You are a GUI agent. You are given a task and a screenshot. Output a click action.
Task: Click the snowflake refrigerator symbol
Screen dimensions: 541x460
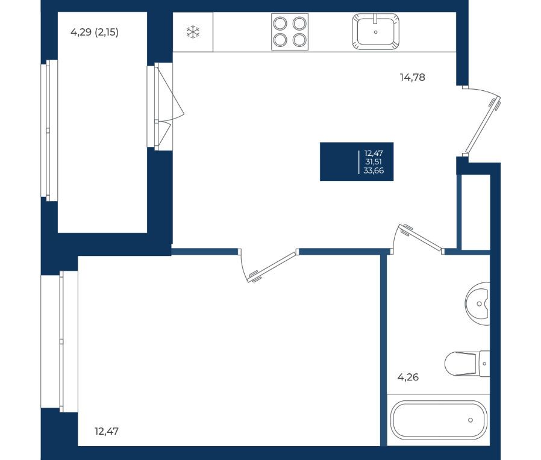193,32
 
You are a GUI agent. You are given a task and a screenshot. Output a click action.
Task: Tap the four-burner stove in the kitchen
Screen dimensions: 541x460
289,32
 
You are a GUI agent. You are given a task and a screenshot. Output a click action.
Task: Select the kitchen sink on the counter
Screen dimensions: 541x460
375,31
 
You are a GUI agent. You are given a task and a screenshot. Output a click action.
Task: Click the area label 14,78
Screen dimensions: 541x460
412,77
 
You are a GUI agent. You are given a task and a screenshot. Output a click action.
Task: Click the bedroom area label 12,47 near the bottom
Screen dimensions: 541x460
106,431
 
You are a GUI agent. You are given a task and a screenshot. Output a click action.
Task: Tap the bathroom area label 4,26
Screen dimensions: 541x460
408,377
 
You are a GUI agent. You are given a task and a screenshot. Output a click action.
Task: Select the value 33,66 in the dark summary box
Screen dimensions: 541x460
374,170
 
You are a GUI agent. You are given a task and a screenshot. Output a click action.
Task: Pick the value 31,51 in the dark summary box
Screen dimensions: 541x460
374,162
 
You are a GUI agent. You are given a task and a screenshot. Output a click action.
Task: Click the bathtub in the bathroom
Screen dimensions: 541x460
439,420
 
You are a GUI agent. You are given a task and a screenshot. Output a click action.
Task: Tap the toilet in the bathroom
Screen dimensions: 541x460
467,364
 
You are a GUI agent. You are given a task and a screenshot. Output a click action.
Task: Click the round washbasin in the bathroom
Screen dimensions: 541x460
478,304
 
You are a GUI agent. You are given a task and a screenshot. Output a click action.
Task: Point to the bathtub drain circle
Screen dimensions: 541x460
471,420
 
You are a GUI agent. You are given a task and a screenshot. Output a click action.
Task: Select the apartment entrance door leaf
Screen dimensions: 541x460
483,125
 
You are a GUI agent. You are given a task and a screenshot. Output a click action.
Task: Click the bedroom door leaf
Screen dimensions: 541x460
272,267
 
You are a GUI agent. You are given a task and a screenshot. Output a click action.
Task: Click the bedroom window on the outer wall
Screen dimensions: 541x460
59,341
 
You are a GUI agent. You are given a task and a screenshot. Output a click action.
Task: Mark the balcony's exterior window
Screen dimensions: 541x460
49,130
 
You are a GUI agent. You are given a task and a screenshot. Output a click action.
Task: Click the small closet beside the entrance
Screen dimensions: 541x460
476,212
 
